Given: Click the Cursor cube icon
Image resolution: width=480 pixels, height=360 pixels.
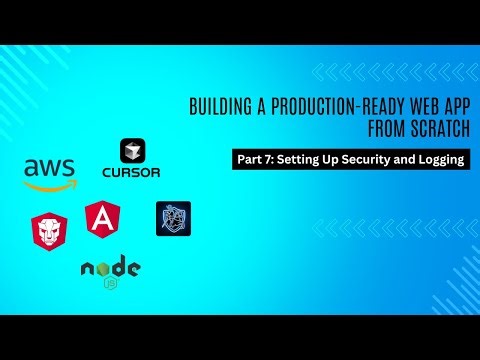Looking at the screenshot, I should point(132,151).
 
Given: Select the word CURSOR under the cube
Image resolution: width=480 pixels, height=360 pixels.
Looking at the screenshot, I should point(132,171).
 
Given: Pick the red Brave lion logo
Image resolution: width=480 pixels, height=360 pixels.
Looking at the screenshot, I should point(50,229).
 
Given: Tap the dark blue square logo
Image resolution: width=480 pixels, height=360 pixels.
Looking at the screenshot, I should point(173,218).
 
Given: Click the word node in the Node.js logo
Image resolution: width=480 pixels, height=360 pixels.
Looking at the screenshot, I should point(110,268).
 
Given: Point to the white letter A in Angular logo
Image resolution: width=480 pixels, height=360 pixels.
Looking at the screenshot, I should point(103,217).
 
